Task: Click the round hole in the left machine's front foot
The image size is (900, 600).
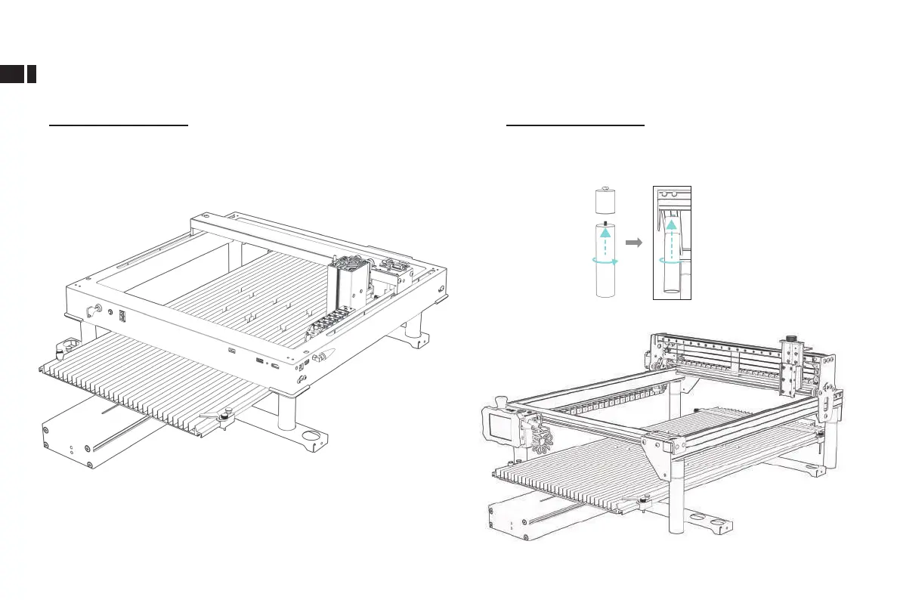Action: click(311, 437)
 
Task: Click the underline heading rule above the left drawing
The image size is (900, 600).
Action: click(118, 127)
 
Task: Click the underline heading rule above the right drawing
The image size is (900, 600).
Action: click(575, 127)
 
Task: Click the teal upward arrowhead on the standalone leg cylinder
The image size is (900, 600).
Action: click(603, 234)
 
